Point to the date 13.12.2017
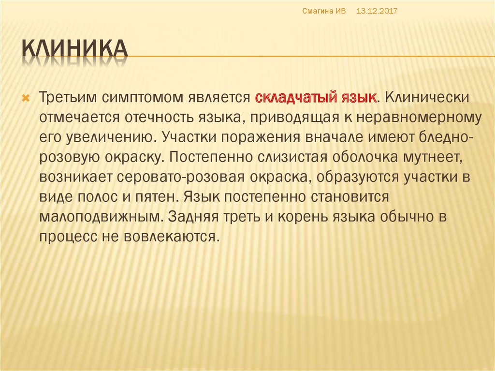pyautogui.click(x=377, y=11)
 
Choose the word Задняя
pyautogui.click(x=193, y=217)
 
